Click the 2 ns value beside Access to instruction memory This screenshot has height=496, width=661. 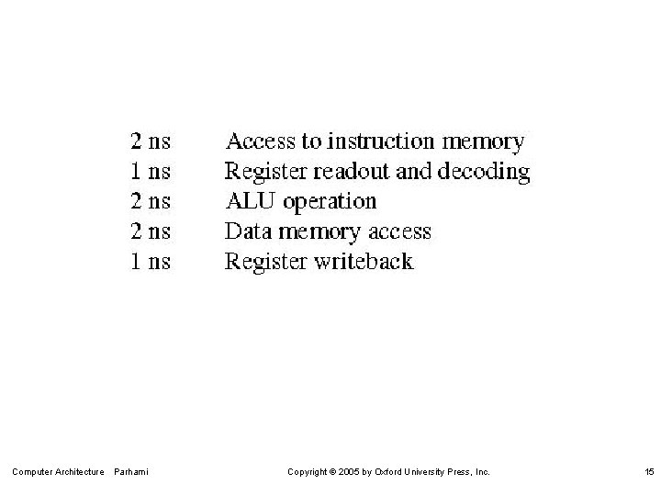tap(151, 141)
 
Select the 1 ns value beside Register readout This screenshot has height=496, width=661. tap(151, 171)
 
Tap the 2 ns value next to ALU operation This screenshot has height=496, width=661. tap(151, 201)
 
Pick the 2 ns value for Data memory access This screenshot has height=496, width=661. tap(151, 231)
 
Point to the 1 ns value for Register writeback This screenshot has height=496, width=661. tap(151, 262)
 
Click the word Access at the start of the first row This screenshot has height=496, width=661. tap(257, 141)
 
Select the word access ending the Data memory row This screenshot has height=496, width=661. tap(398, 231)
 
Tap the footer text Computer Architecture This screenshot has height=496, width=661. tap(58, 472)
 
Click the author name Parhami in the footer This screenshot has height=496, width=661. tap(132, 472)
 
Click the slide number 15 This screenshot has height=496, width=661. tap(648, 472)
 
